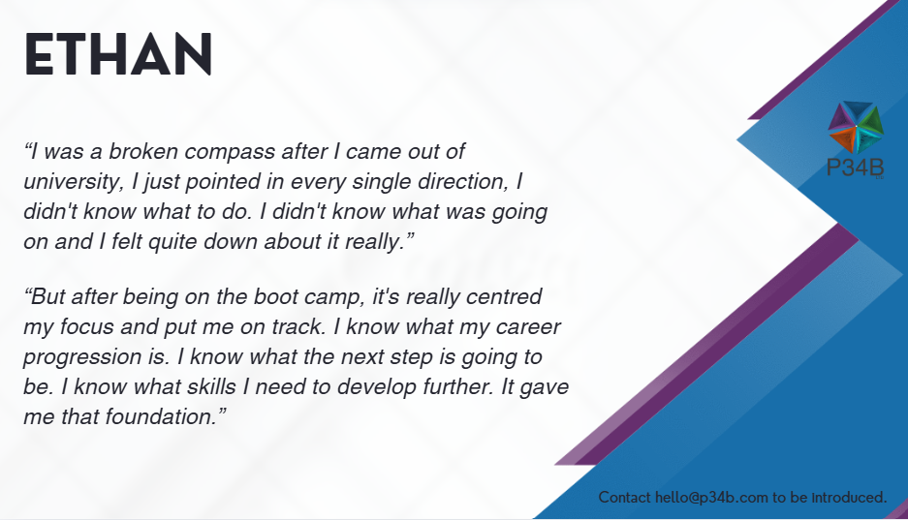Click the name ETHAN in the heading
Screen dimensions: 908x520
pos(118,54)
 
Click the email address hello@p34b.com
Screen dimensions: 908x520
pos(711,498)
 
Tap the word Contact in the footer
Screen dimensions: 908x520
pos(624,498)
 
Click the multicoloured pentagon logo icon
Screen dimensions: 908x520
pos(856,127)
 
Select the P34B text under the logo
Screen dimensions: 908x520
pos(856,168)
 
